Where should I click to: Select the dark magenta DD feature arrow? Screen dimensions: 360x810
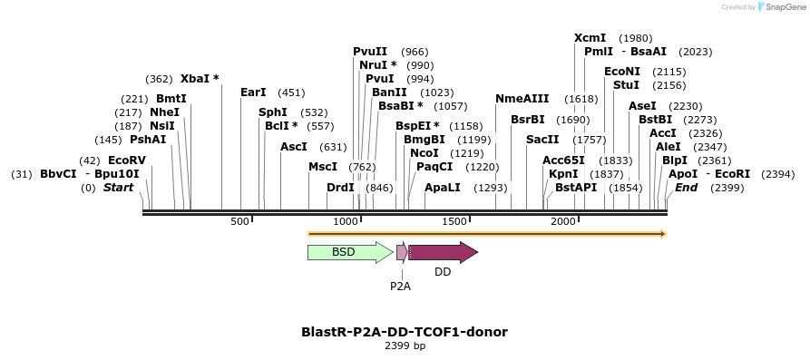point(443,252)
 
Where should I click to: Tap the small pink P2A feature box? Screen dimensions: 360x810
point(401,252)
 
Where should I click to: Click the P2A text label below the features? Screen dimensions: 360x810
point(400,286)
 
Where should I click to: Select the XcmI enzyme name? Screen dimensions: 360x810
point(590,38)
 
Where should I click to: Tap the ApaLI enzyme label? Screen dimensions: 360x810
point(443,188)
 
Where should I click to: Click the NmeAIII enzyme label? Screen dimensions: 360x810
point(522,99)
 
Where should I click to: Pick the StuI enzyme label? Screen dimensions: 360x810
point(626,85)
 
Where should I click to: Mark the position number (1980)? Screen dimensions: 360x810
point(635,38)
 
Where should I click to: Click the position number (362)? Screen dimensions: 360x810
point(159,79)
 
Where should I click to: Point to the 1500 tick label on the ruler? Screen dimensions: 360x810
point(454,221)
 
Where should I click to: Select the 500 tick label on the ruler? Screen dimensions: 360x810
point(240,221)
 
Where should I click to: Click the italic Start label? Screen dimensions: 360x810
point(118,188)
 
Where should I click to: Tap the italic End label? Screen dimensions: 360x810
point(686,188)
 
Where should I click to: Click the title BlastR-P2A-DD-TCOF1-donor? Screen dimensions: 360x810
point(405,332)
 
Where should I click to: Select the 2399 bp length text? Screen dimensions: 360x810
point(405,346)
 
